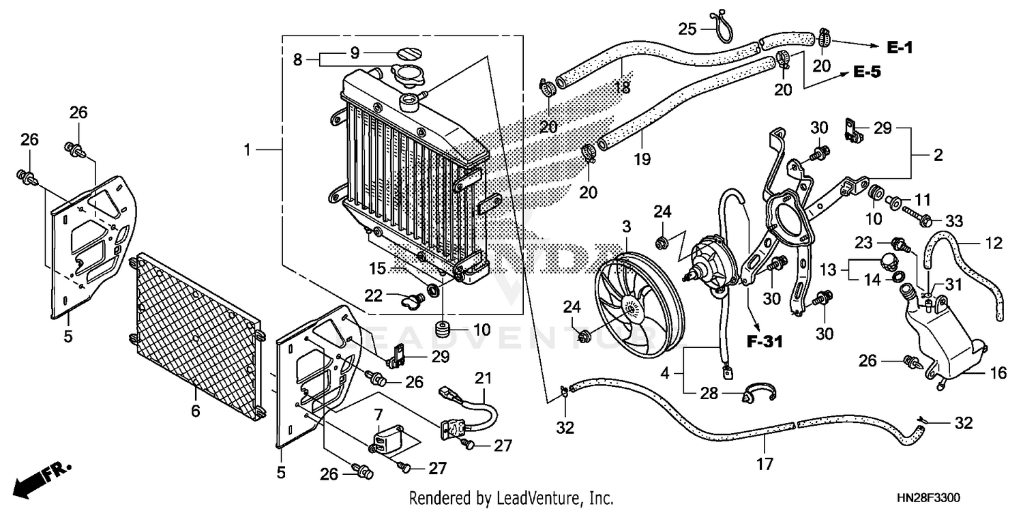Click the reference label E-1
pos(900,47)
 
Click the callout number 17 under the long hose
pos(765,465)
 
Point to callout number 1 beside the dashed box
pos(248,149)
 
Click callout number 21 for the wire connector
pos(483,377)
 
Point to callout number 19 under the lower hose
pos(641,160)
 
